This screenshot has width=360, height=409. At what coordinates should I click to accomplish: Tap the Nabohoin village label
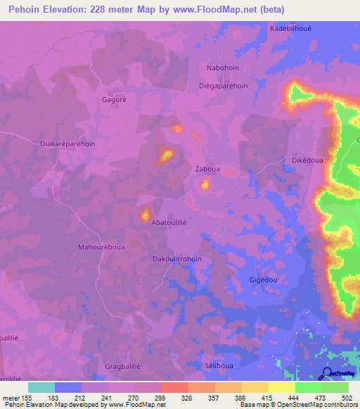pos(224,67)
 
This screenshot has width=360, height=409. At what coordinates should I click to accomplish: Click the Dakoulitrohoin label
pos(177,259)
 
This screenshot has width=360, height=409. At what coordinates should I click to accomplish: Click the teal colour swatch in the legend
pos(41,387)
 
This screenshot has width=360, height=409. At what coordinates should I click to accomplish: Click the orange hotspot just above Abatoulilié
pos(146,214)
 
